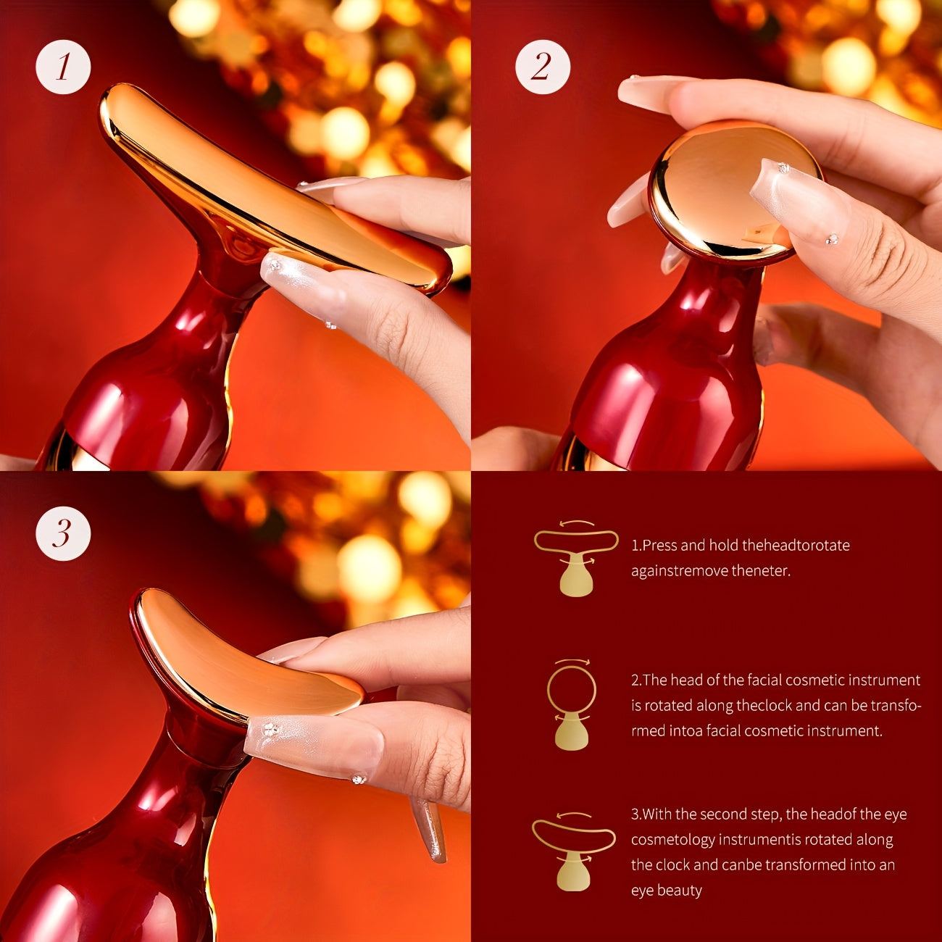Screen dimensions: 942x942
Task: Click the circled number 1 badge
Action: [x=63, y=67]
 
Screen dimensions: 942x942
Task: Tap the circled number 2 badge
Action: [x=543, y=67]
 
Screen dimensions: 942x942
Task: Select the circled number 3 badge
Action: [x=63, y=533]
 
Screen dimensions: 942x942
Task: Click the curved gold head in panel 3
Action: [x=239, y=659]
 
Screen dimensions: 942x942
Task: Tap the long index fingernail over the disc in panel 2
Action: [x=793, y=203]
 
